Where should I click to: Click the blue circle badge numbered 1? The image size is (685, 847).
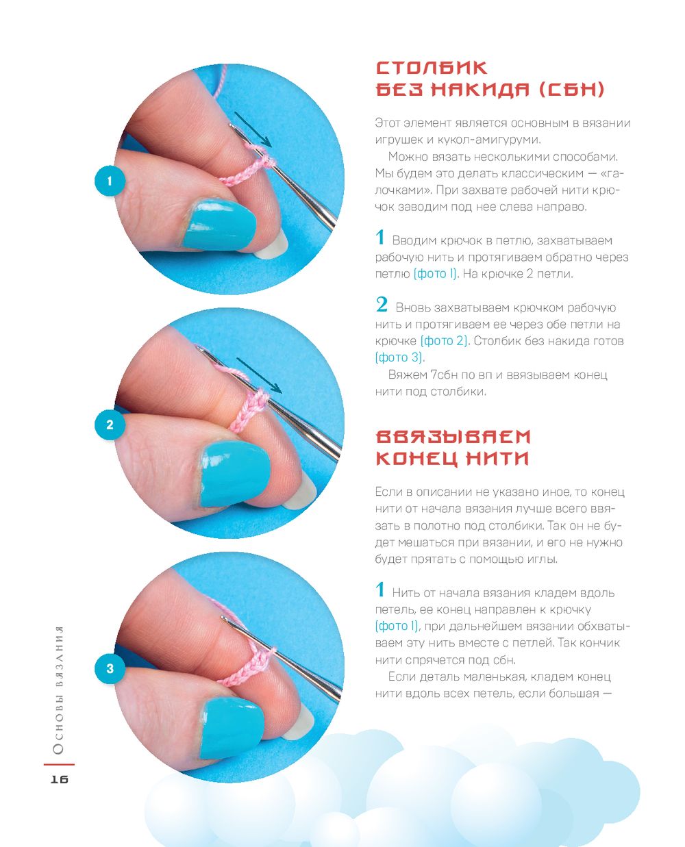110,181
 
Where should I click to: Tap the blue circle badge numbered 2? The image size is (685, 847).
110,425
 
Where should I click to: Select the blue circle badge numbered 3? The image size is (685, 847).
110,668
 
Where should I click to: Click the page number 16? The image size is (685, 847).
60,779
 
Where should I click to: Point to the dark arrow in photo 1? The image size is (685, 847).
253,129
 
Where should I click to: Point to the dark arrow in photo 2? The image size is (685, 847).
259,375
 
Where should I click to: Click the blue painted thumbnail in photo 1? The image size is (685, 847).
219,225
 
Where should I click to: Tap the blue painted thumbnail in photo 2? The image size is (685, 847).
235,474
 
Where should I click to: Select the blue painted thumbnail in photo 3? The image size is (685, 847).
232,729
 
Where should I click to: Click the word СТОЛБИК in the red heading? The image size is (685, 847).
432,68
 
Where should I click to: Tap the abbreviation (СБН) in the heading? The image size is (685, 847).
571,90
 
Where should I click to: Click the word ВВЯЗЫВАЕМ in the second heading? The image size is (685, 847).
453,437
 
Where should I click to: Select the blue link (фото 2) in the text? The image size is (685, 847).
444,341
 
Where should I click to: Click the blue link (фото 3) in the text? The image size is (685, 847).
399,357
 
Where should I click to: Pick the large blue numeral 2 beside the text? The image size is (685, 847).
382,305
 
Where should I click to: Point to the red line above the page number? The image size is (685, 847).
59,764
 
